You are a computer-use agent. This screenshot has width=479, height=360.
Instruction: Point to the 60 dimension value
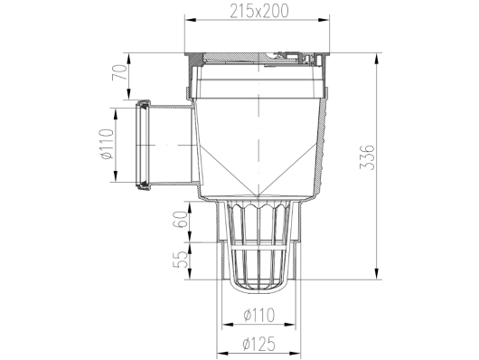(180, 219)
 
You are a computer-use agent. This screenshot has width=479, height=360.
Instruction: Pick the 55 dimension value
(180, 260)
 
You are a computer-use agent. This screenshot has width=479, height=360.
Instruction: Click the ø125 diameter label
(258, 344)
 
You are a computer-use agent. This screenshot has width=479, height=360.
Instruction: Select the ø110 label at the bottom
(258, 316)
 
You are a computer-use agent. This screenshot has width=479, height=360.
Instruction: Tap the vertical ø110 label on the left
(107, 145)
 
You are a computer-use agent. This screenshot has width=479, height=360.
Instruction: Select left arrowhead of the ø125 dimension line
(217, 354)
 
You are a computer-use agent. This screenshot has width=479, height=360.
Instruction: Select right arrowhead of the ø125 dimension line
(301, 354)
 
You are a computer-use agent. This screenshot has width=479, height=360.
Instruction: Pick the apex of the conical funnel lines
(258, 195)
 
